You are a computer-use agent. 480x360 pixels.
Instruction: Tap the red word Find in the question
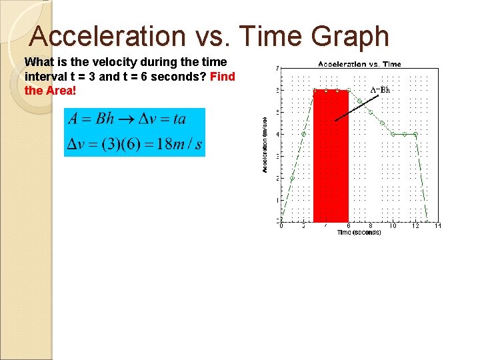(x=222, y=76)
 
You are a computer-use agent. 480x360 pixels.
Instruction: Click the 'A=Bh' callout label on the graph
(x=380, y=89)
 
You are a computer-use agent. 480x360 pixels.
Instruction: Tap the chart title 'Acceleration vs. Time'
(x=359, y=64)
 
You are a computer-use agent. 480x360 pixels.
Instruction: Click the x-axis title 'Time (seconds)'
(x=359, y=233)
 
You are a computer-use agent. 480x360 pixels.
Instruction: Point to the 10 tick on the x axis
(x=393, y=226)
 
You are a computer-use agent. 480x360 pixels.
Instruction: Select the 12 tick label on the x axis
(x=415, y=226)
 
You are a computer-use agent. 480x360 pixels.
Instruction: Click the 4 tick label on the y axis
(x=277, y=134)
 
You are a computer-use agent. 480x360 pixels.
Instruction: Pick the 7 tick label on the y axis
(x=277, y=68)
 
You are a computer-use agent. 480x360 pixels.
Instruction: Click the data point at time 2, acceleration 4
(x=303, y=134)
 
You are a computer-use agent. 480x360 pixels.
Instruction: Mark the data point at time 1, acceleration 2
(x=293, y=178)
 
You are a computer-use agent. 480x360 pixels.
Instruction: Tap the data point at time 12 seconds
(x=415, y=134)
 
